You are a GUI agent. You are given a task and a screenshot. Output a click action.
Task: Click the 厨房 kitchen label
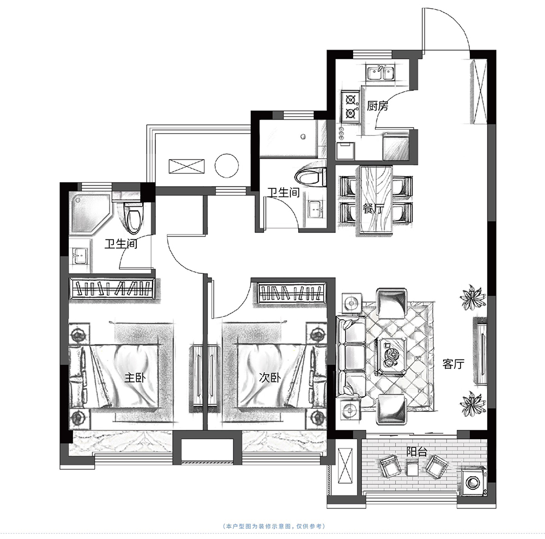pos(378,105)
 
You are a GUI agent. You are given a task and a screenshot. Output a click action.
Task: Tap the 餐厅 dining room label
pos(373,209)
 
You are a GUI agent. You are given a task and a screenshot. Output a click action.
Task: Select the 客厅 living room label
pos(453,364)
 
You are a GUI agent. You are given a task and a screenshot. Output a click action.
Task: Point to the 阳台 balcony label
pos(417,452)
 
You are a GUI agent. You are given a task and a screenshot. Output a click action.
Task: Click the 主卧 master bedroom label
pos(135,378)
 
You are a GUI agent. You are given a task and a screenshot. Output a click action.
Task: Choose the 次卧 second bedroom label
pos(270,378)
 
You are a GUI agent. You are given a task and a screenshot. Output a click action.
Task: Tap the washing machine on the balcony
pos(474,482)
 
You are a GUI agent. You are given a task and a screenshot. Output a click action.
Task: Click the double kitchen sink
pos(380,73)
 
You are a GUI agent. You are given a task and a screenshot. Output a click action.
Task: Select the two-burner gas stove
pos(350,106)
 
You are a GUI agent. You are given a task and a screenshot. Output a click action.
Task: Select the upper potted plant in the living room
pos(472,297)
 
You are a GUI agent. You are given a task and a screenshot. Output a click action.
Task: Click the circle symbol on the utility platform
pos(227,166)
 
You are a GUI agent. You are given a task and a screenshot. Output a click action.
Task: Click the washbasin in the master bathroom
pos(80,257)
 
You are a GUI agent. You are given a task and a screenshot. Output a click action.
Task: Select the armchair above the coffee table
pos(392,303)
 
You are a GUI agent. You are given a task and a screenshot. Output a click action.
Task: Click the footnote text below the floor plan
pos(274,526)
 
